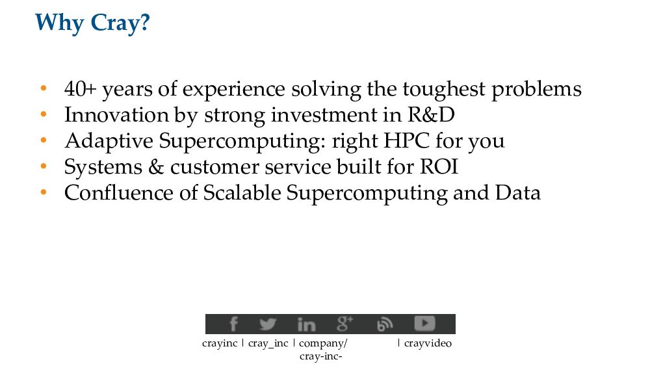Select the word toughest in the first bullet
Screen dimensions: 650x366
443,90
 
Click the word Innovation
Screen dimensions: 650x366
116,115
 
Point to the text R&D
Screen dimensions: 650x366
431,115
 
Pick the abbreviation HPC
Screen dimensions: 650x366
406,141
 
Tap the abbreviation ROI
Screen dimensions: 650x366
439,167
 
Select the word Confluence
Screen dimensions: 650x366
118,193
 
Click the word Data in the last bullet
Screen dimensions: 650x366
518,193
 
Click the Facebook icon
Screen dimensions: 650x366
233,324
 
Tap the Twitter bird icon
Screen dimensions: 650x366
268,324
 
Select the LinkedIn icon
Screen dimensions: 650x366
306,324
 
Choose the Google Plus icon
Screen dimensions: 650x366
345,324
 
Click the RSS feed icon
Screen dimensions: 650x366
385,324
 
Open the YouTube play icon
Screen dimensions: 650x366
424,323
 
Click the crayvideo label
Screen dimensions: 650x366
428,344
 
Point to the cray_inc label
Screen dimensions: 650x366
268,344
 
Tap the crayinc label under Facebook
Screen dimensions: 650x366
220,344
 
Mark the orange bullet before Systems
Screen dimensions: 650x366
44,166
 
